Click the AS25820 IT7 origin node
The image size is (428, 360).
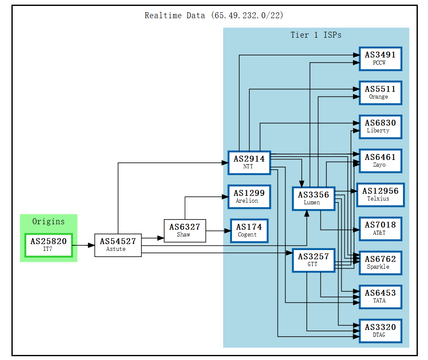tap(48, 245)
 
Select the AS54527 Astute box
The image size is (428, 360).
tap(118, 245)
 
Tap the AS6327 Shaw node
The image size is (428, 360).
tap(185, 231)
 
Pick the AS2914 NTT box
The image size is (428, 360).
tap(249, 162)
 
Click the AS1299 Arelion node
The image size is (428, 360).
tap(249, 197)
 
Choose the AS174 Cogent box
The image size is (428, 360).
tap(249, 231)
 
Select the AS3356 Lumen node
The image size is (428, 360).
tap(313, 198)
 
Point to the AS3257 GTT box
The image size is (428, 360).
tap(313, 260)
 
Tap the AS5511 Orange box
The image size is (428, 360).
tap(380, 93)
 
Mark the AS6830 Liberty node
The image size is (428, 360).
tap(380, 126)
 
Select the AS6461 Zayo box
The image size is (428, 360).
tap(380, 161)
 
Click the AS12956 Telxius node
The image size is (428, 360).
tap(380, 195)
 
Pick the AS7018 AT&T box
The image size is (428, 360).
tap(380, 229)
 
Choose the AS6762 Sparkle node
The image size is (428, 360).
tap(380, 263)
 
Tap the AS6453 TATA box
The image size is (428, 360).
tap(380, 297)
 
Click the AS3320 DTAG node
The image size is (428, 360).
tap(380, 331)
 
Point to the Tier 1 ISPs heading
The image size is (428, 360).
tap(316, 35)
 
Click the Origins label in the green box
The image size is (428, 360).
tap(48, 221)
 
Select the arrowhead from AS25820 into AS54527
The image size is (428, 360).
tap(91, 245)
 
